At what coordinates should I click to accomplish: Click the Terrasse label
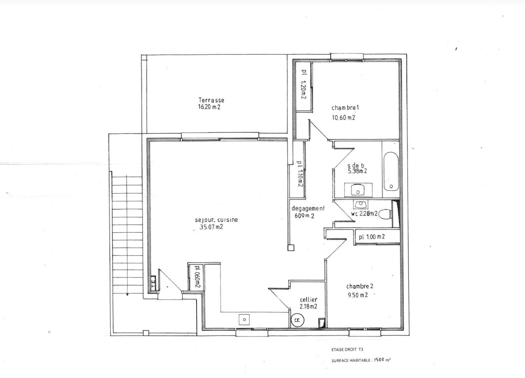(x=211, y=100)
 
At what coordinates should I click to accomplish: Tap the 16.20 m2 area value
(x=209, y=107)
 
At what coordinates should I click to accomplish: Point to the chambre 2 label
(x=360, y=286)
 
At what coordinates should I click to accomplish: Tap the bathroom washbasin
(x=358, y=190)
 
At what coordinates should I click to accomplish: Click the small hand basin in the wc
(x=360, y=204)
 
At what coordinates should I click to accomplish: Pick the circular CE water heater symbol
(x=297, y=320)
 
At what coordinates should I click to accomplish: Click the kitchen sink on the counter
(x=244, y=319)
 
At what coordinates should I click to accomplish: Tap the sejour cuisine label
(x=216, y=220)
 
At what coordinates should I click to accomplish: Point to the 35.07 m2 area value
(x=211, y=227)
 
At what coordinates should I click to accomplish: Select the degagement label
(x=308, y=208)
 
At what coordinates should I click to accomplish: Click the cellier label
(x=309, y=300)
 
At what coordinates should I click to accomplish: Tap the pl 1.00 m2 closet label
(x=372, y=237)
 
